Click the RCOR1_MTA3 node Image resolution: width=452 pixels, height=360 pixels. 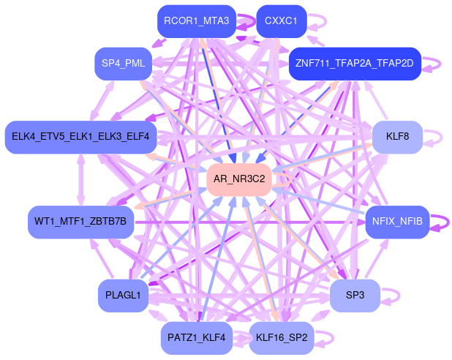[197, 21]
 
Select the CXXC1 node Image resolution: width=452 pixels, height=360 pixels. [281, 21]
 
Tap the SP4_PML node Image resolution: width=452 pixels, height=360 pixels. [123, 64]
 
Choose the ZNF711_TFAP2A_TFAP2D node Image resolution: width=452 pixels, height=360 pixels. [355, 64]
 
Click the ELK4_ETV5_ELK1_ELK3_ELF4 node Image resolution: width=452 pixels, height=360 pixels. [80, 137]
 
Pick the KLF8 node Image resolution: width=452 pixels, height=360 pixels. [397, 137]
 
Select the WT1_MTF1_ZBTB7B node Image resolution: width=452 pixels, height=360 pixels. [80, 222]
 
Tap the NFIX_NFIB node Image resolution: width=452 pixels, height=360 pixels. [397, 222]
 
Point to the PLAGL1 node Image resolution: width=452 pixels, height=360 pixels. [123, 296]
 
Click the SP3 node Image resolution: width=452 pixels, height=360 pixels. [355, 296]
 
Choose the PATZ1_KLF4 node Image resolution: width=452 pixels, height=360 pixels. [197, 338]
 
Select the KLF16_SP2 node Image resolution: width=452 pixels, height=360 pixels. [281, 338]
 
